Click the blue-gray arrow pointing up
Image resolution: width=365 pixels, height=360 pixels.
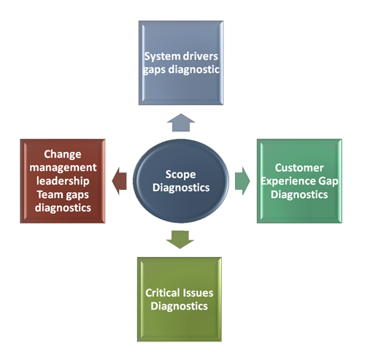coord(181,123)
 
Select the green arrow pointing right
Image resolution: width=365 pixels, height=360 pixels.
coord(242,181)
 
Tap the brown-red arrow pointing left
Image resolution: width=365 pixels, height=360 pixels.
coord(119,181)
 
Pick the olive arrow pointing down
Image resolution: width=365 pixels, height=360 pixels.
coord(180,240)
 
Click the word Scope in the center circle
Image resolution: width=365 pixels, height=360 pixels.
coord(180,175)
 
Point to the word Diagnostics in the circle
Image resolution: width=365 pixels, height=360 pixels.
coord(181,188)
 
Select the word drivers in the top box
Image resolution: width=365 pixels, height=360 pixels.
coord(200,56)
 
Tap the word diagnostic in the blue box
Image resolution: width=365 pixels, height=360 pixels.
coord(194,69)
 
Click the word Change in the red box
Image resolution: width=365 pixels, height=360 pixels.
coord(63,154)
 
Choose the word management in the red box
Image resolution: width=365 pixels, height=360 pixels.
coord(63,167)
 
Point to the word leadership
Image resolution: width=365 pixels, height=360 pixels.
coord(63,181)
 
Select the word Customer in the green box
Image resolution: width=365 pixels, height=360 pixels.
coord(299,168)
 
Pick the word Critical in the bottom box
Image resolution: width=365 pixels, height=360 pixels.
coord(163,293)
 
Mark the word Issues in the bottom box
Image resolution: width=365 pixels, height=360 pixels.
coord(198,293)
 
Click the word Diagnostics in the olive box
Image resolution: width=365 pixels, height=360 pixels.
coord(179,306)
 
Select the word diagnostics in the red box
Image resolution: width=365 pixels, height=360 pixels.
coord(63,208)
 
